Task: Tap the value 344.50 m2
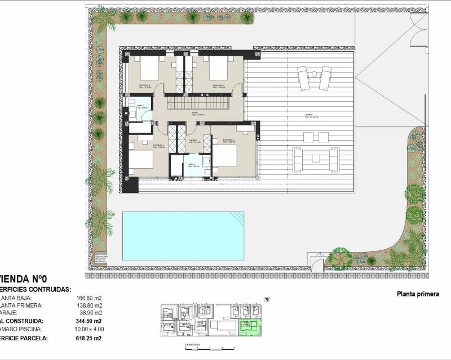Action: click(x=89, y=321)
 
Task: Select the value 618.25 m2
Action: click(x=89, y=338)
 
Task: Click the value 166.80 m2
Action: click(x=89, y=298)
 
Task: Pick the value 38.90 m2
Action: click(x=91, y=312)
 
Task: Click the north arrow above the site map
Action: click(x=267, y=300)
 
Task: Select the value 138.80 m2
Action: click(x=89, y=305)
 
